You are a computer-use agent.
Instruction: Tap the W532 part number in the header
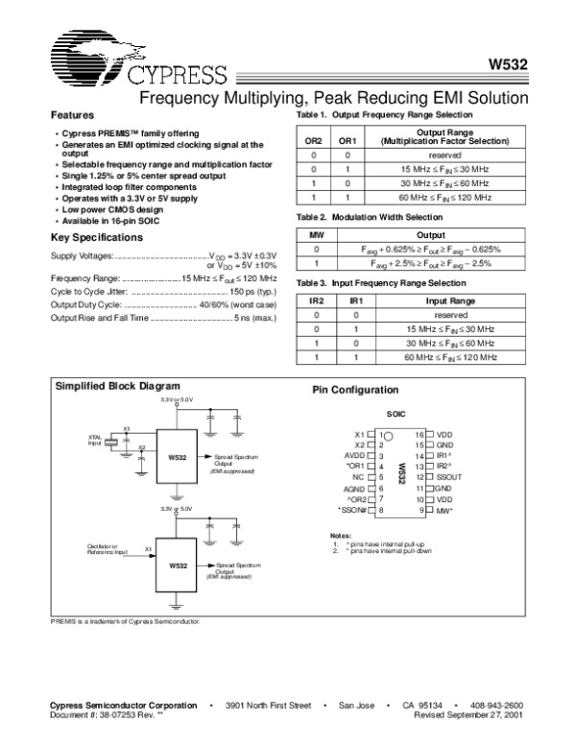point(508,67)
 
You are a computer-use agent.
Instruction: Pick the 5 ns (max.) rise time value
point(256,316)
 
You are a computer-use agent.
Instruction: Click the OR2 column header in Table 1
point(314,140)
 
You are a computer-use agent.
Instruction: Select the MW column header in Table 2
point(314,232)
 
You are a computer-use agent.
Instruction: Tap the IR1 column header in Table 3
point(355,300)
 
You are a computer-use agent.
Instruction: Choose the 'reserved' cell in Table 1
point(444,155)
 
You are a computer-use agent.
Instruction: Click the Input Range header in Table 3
point(450,300)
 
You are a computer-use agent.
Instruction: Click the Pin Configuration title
point(355,391)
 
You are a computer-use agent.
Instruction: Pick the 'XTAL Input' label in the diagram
point(95,441)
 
